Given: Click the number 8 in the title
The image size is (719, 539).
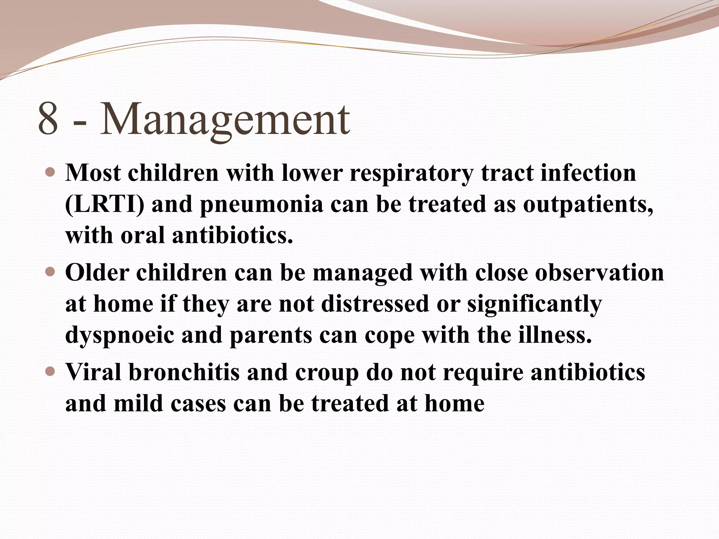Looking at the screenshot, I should pos(48,119).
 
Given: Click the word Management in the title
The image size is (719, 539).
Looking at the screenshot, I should pos(225,119).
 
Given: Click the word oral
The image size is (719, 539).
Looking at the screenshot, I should pos(143,235).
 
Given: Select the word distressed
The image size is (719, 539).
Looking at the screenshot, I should pos(375,304).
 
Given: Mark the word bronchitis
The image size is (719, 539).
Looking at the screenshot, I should pos(184,372).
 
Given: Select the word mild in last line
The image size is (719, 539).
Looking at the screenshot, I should pos(139,403).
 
